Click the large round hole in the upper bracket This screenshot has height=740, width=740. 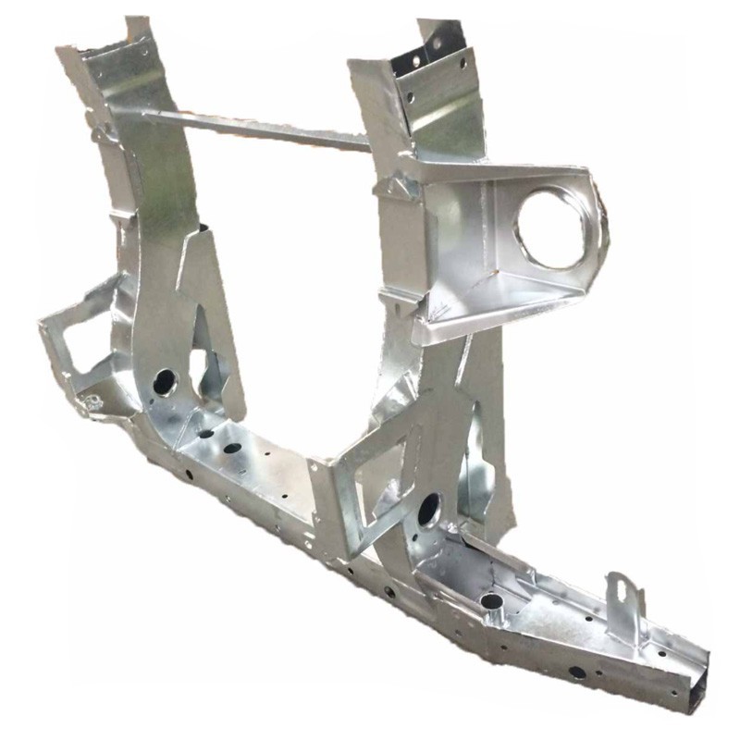552,228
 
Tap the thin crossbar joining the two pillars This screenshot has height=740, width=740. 259,129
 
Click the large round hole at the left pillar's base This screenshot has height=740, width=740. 165,380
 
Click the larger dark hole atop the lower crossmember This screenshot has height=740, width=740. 232,449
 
